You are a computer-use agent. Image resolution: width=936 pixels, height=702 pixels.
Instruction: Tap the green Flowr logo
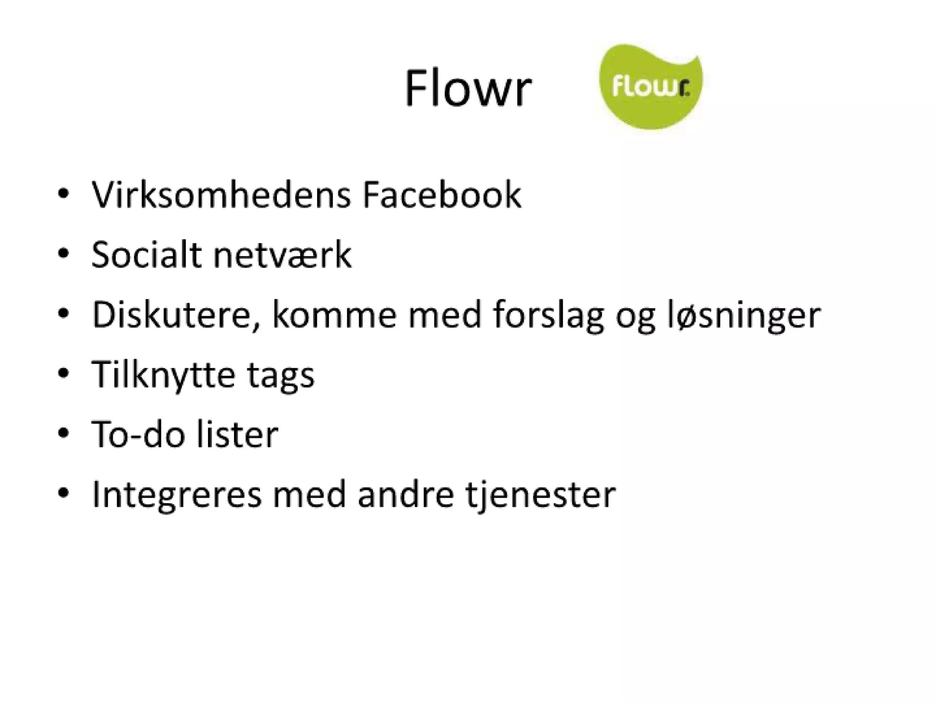coord(650,87)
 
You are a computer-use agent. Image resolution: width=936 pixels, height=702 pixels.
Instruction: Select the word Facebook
coord(441,195)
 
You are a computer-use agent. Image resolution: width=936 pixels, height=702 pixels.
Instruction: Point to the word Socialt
coord(146,255)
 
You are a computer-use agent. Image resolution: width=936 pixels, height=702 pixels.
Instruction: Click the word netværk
coord(282,255)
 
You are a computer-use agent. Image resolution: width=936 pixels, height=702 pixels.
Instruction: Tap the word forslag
coord(548,315)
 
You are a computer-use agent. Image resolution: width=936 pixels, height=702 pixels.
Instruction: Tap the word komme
coord(334,315)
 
